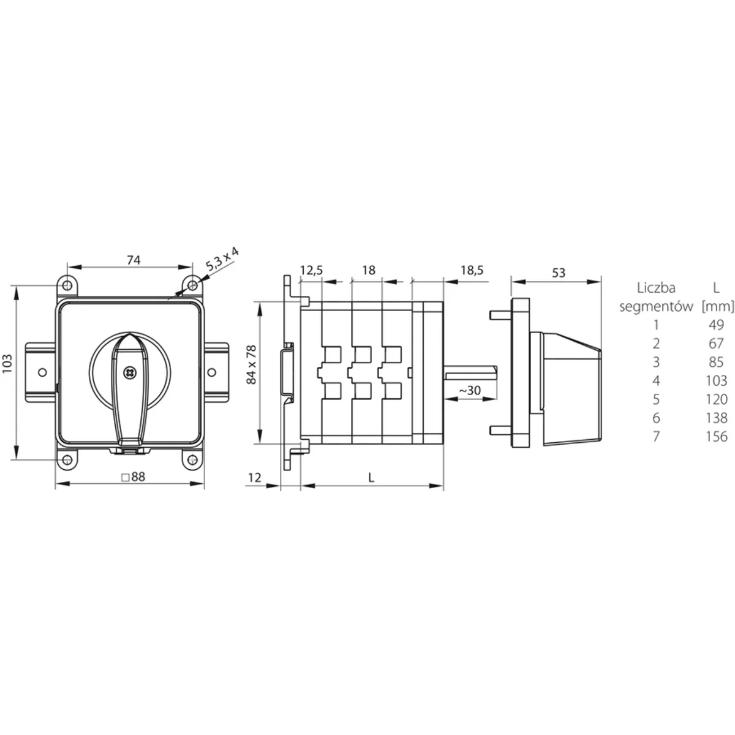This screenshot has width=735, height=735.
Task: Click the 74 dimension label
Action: pos(134,260)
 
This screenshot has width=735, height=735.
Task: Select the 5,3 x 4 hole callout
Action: pos(222,259)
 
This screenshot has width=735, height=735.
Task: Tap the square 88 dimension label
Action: pos(133,477)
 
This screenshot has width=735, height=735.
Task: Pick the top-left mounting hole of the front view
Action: pos(67,285)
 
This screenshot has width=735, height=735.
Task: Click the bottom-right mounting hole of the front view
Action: pos(193,459)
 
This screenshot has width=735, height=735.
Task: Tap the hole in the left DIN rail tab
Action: pos(43,372)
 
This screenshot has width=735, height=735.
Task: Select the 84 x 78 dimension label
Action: pos(252,364)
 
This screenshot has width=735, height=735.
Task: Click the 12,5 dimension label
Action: pos(311,270)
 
